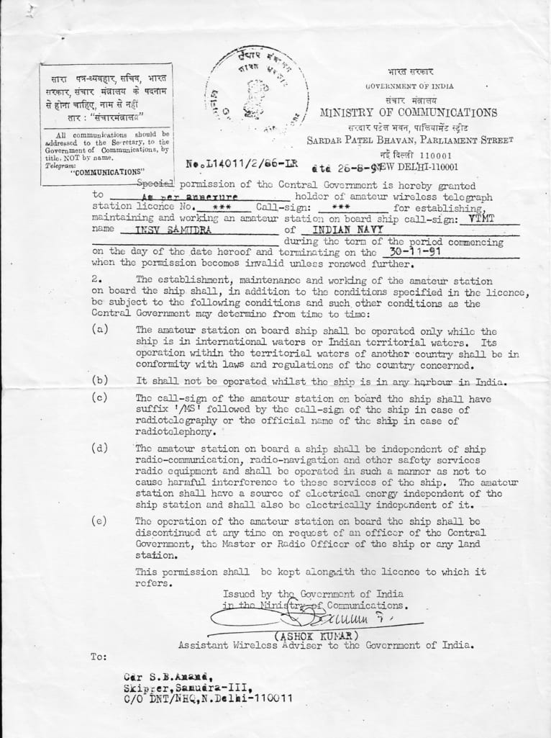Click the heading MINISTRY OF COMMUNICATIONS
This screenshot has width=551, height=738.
(x=408, y=113)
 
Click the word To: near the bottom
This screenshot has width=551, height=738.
(x=98, y=657)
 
